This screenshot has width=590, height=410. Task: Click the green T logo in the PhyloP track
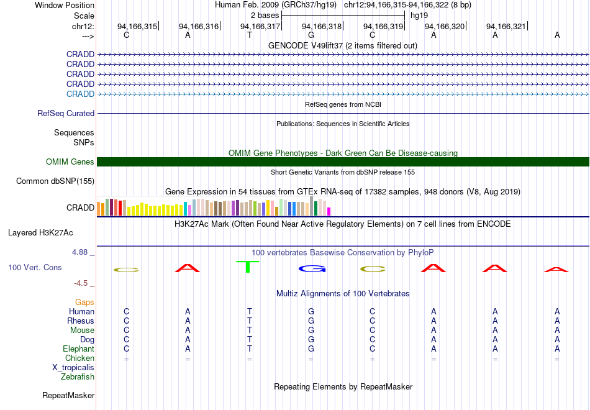(x=248, y=266)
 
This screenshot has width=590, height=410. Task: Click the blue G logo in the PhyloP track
(x=312, y=268)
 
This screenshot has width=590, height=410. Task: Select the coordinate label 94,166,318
(x=322, y=26)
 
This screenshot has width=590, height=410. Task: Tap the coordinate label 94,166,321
(x=506, y=26)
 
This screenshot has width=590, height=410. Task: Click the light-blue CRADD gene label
(x=80, y=94)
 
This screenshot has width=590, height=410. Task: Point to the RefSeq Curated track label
(x=66, y=114)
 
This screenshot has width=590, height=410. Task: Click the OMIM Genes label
(x=70, y=162)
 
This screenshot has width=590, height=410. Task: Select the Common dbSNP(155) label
(x=55, y=181)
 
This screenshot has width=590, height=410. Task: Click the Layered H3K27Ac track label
(x=40, y=233)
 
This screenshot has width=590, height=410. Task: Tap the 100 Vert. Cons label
(x=35, y=267)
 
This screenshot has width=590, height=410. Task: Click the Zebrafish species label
(x=78, y=376)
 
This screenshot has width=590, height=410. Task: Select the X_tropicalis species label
(x=73, y=367)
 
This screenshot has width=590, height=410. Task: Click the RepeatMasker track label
(x=68, y=395)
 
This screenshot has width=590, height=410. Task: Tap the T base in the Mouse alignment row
(x=250, y=330)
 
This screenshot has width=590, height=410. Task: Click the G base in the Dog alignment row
(x=311, y=339)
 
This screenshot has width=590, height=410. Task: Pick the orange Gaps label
(x=84, y=302)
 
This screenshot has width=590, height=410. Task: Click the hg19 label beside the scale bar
(x=419, y=16)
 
